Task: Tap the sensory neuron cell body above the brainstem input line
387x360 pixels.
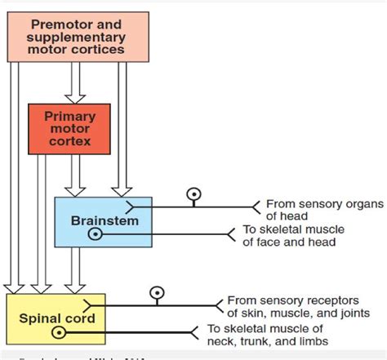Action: point(193,195)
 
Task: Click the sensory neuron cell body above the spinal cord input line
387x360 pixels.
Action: point(153,292)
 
